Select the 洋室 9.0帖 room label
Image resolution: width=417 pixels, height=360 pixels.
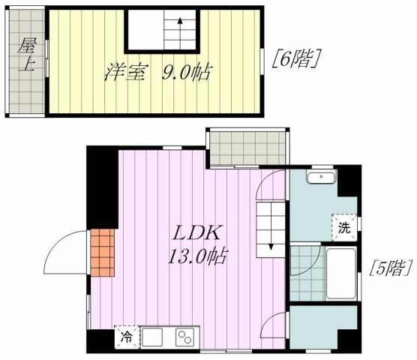(x=157, y=73)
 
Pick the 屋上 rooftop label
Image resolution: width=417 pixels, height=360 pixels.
(x=25, y=54)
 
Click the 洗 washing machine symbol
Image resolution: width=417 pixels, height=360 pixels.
(x=343, y=226)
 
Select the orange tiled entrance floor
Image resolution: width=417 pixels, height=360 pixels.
(x=103, y=251)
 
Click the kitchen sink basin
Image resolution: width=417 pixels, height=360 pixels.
(x=152, y=337)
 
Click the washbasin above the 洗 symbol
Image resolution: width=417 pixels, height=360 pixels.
(x=322, y=178)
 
